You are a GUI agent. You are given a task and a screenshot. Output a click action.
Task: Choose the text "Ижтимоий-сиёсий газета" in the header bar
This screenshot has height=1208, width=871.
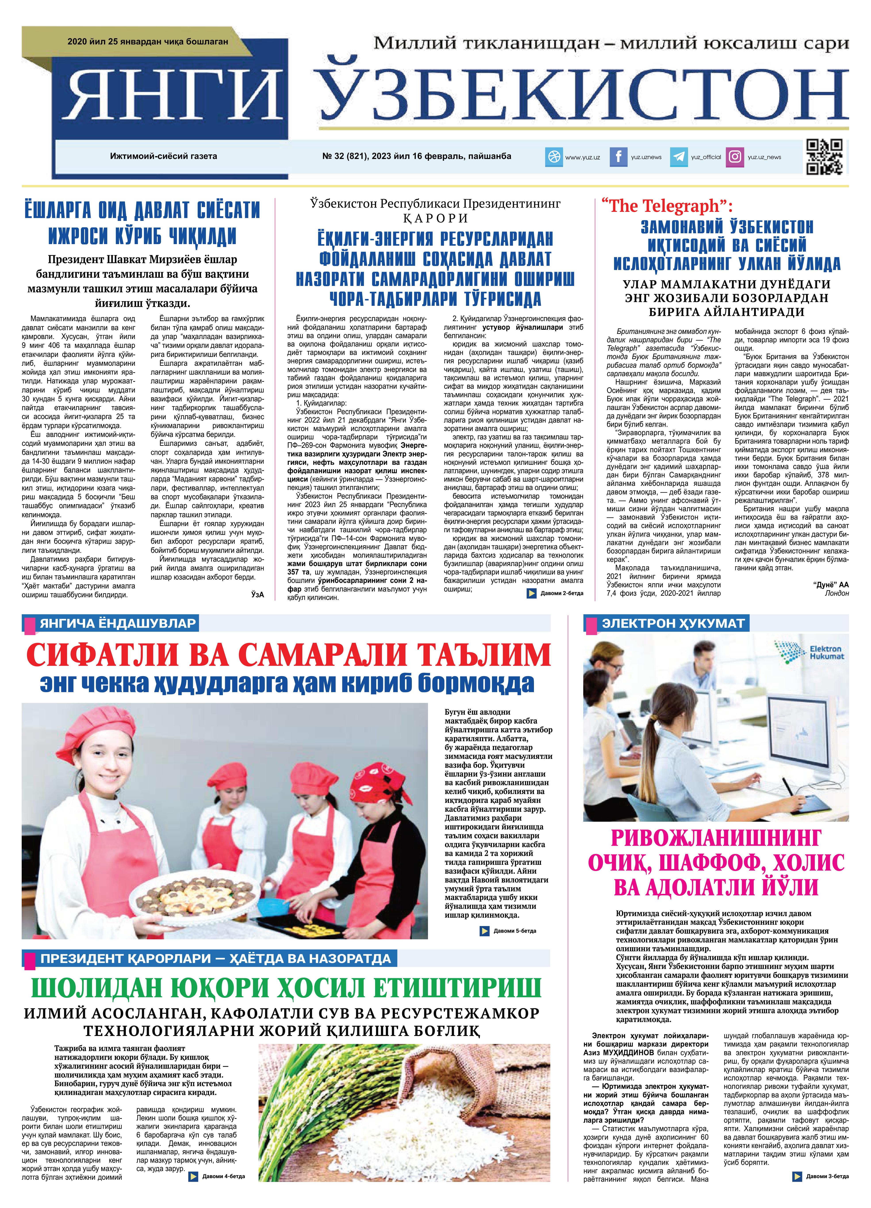coord(163,156)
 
